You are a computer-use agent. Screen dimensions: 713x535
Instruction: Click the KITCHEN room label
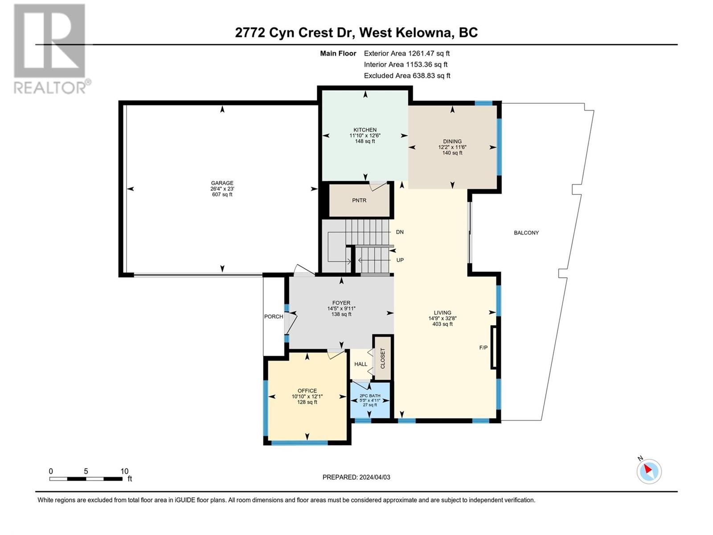(x=365, y=130)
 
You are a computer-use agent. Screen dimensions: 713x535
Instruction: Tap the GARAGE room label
(x=222, y=183)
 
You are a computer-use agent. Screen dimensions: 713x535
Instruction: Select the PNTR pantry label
(x=359, y=201)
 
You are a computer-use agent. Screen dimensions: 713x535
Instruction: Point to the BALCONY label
(x=526, y=233)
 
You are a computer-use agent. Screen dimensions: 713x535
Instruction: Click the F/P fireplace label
(x=484, y=348)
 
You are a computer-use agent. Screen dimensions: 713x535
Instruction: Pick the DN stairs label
(x=400, y=232)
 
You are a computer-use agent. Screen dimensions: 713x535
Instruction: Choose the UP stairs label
(x=400, y=260)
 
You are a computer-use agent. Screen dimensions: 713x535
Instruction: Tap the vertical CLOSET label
(x=383, y=358)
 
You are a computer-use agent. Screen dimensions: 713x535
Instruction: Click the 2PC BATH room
(x=370, y=400)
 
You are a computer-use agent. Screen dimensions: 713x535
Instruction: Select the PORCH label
(x=274, y=317)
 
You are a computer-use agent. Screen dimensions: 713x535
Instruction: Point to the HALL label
(x=361, y=364)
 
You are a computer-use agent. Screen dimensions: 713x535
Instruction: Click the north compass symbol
(x=649, y=471)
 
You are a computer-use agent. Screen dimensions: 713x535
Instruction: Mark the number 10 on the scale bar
(x=124, y=471)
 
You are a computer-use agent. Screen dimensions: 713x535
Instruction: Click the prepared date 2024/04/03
(x=374, y=477)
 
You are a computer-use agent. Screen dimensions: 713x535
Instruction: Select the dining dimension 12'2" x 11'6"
(x=452, y=147)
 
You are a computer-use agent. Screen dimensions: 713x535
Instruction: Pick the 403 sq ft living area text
(x=442, y=324)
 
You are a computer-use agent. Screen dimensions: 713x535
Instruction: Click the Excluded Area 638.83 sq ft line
(x=407, y=76)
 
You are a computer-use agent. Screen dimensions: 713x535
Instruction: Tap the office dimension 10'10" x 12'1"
(x=307, y=396)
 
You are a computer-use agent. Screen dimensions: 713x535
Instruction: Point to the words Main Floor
(x=338, y=53)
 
